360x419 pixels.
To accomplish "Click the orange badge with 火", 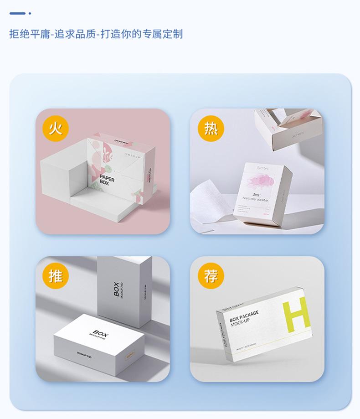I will pos(56,129).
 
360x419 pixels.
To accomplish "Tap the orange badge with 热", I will pos(211,129).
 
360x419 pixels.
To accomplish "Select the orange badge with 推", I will pos(56,276).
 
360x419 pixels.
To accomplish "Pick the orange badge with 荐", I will pos(211,276).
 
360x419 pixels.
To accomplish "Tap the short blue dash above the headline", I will pos(17,14).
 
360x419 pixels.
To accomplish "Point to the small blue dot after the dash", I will pos(30,14).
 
